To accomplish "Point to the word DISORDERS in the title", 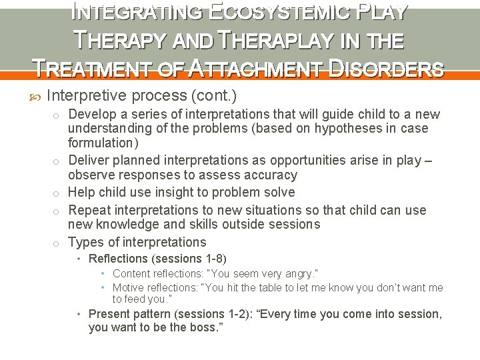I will click(x=390, y=69).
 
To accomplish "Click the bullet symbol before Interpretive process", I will click(x=36, y=95).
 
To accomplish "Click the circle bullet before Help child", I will click(x=58, y=193).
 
